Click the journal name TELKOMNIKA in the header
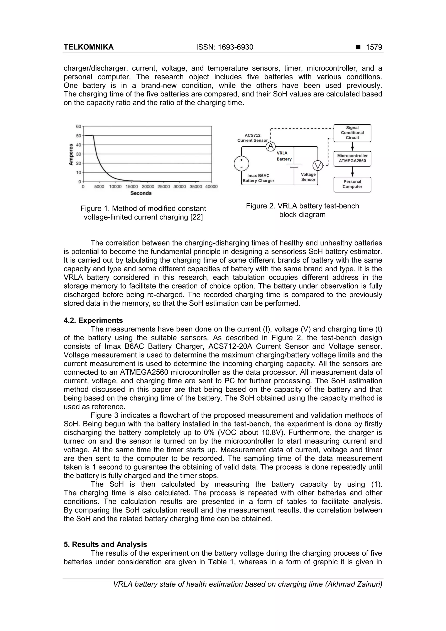(x=88, y=47)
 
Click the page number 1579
(x=374, y=47)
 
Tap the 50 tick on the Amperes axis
(x=79, y=136)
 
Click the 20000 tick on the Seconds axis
(x=148, y=187)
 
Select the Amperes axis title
(x=71, y=154)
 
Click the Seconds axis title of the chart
(x=141, y=193)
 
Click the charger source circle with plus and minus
(x=241, y=164)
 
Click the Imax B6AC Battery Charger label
(x=258, y=178)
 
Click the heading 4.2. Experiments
(x=93, y=320)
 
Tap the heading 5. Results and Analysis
(x=105, y=545)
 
